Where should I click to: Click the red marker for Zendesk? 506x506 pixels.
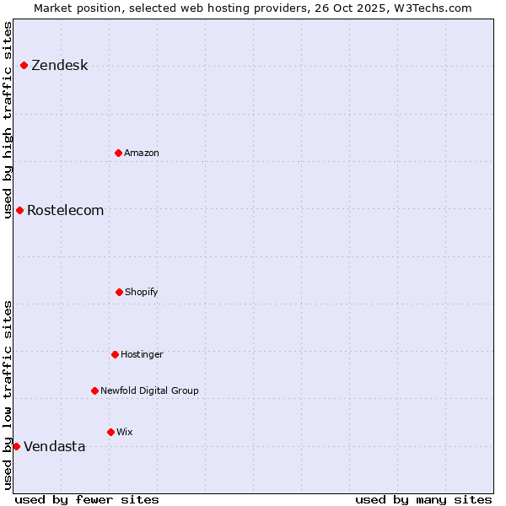24,65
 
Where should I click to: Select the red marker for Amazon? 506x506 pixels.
119,153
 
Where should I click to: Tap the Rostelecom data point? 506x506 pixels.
19,210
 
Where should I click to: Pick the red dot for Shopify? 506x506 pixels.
119,292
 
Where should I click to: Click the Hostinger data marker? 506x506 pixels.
115,354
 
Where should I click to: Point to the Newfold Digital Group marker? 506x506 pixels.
94,390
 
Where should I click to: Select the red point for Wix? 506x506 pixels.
110,432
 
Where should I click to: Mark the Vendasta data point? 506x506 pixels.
17,446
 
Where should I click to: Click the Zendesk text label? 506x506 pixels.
59,66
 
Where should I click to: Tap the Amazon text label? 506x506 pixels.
142,153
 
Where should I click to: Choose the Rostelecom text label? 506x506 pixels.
66,211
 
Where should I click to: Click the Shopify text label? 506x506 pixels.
142,293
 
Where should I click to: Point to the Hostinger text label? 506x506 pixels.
142,355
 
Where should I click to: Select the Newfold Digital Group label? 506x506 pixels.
149,391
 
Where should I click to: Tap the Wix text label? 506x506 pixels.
125,433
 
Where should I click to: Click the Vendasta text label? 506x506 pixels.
54,447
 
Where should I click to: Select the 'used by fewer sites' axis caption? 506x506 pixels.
87,499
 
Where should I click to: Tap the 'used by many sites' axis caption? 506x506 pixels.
423,499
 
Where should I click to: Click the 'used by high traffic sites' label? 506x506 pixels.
8,120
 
